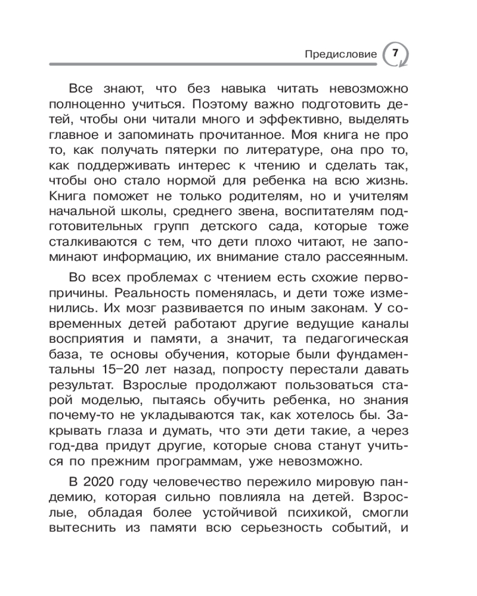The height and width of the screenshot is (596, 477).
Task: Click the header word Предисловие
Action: click(x=340, y=54)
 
